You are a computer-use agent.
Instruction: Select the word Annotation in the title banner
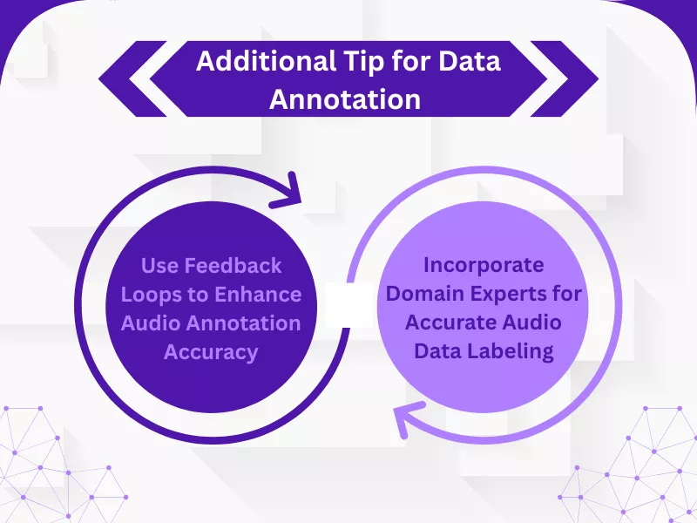coord(345,98)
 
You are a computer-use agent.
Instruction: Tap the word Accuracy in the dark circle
coord(211,351)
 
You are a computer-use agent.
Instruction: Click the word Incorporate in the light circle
coord(484,264)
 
